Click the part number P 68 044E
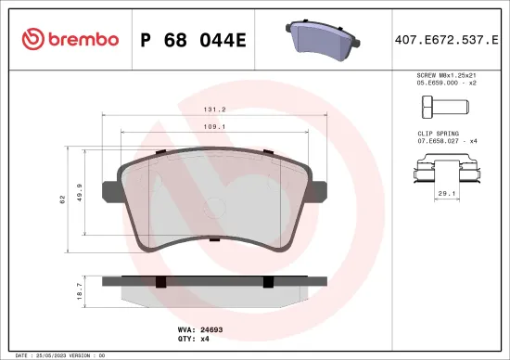(192, 39)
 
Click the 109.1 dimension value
(215, 125)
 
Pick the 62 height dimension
(62, 199)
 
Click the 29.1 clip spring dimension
(444, 193)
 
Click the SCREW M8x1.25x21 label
(447, 73)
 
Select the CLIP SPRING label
(439, 134)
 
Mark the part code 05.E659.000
(436, 82)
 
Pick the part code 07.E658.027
(436, 142)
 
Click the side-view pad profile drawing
(215, 289)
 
